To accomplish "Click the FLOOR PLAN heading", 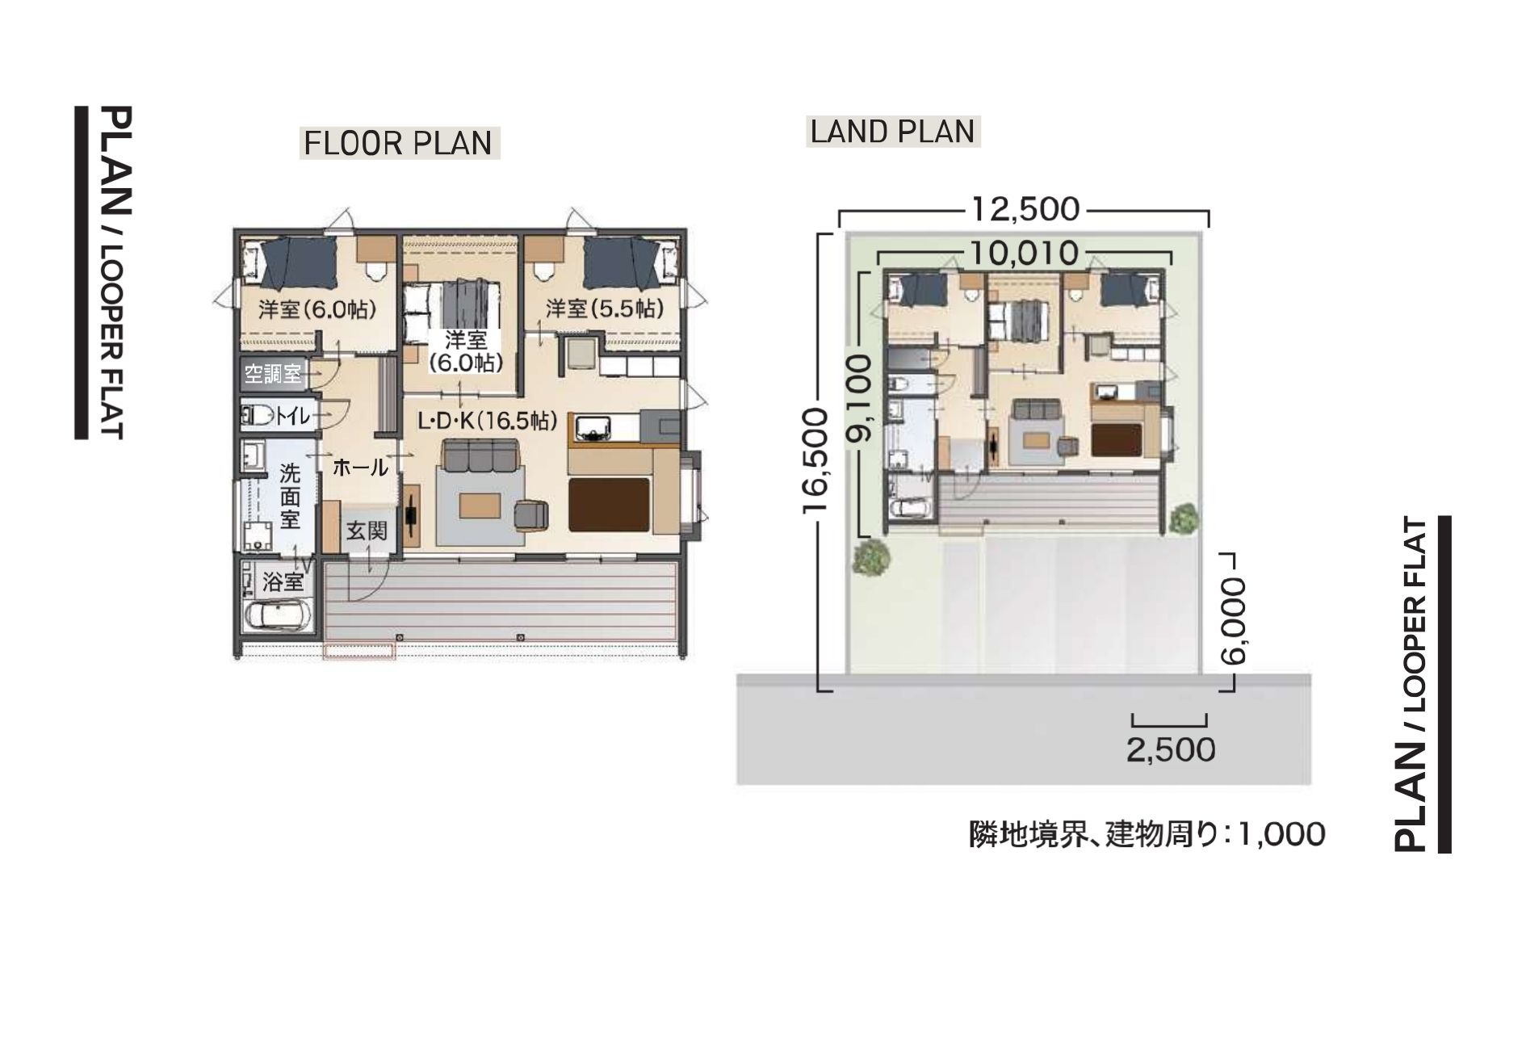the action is (398, 143).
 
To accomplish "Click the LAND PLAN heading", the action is (893, 131).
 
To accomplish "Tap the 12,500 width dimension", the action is (1025, 209).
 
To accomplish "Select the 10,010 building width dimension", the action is (1025, 253).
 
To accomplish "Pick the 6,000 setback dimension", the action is (1233, 620).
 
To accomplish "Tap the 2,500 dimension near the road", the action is (1171, 750).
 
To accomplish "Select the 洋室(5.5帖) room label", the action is (605, 308).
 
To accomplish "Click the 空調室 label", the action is (273, 373).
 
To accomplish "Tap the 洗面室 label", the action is (290, 496).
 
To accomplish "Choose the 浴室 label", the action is (283, 581).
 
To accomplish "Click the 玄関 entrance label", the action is (367, 531).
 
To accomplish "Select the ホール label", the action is (360, 466).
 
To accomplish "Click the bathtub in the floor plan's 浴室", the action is (275, 617).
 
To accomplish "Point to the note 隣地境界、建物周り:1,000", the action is (1147, 834).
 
